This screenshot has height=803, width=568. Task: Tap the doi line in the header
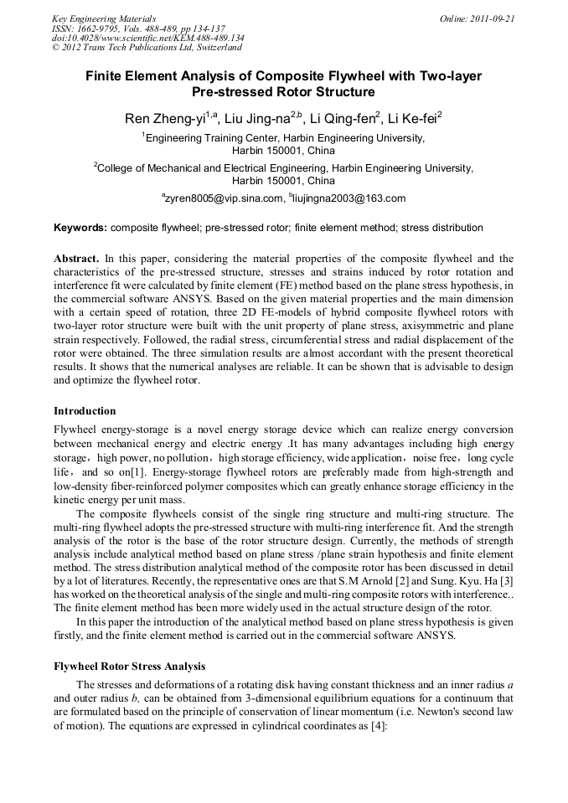click(147, 38)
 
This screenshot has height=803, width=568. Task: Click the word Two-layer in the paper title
click(445, 76)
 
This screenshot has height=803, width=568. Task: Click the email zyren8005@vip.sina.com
click(225, 198)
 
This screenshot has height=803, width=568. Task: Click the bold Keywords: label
click(80, 227)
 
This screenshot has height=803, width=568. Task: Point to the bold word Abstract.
click(76, 259)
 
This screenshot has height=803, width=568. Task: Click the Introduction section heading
click(85, 411)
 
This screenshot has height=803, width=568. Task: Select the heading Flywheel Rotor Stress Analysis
click(129, 667)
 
